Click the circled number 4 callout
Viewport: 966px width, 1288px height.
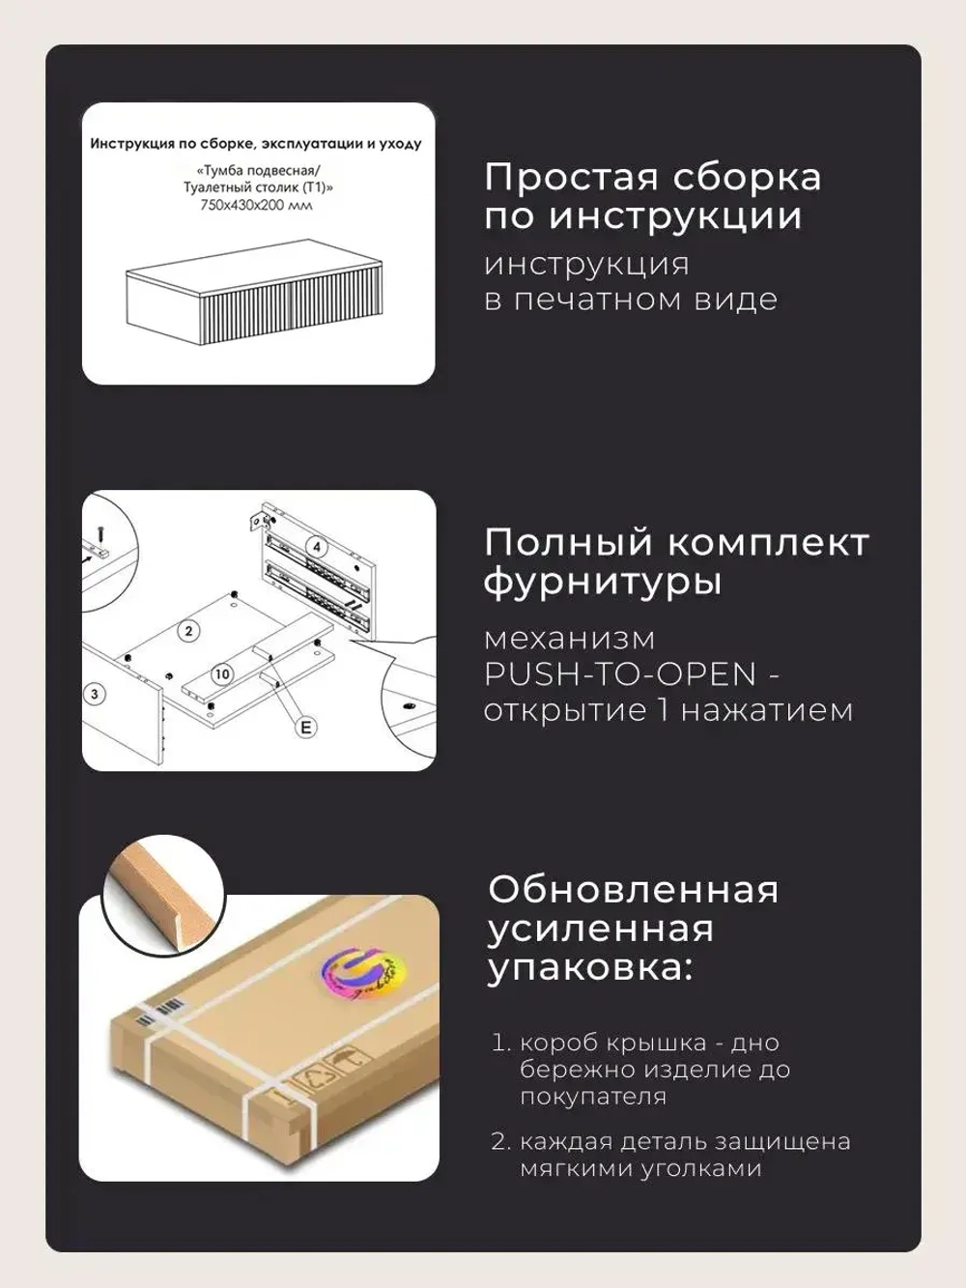pyautogui.click(x=317, y=547)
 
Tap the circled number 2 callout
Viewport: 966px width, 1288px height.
pyautogui.click(x=189, y=631)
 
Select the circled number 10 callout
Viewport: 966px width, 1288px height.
pyautogui.click(x=221, y=673)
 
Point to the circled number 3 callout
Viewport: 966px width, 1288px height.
pyautogui.click(x=95, y=695)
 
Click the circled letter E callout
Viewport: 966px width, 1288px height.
pyautogui.click(x=305, y=728)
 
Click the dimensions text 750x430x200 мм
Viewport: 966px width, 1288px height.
pyautogui.click(x=257, y=205)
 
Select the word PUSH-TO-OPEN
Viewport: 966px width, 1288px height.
pyautogui.click(x=620, y=674)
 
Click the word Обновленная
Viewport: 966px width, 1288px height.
pyautogui.click(x=633, y=890)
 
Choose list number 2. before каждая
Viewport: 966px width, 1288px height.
pyautogui.click(x=502, y=1141)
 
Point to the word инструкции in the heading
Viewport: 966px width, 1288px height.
pyautogui.click(x=675, y=216)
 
